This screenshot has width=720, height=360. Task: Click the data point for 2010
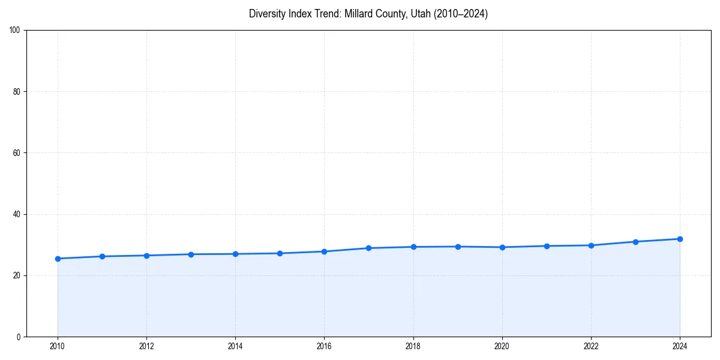coord(58,259)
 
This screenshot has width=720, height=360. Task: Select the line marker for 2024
coord(680,239)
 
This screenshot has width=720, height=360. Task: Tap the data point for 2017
coord(369,248)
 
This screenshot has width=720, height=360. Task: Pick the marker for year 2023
coord(635,242)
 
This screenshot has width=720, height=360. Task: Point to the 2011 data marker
coord(102,256)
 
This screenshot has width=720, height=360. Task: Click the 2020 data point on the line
coord(502,247)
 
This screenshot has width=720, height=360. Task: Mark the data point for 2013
coord(191,254)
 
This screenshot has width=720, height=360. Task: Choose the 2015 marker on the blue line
coord(280,253)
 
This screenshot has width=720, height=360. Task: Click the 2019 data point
coord(458,247)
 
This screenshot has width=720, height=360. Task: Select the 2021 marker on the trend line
coord(547,246)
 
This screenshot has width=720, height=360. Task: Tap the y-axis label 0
coord(19,337)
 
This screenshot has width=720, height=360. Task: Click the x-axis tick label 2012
coord(146,346)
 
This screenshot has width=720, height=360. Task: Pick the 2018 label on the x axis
coord(413,346)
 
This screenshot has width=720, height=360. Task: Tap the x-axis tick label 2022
coord(591,346)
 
